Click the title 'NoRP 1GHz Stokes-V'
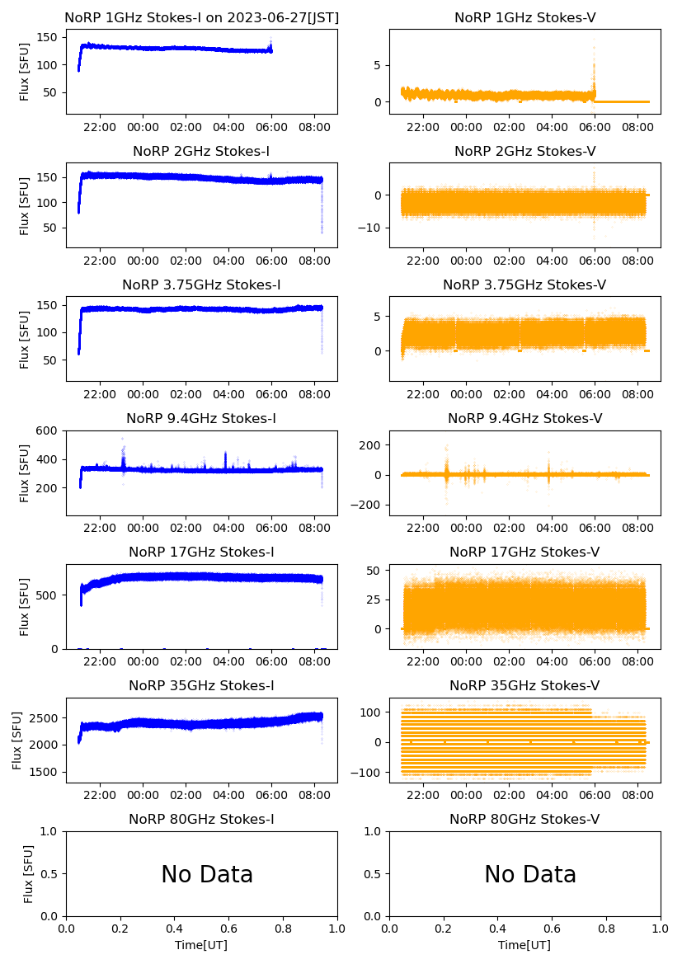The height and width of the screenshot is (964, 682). (524, 18)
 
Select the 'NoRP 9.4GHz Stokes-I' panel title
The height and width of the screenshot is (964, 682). (201, 419)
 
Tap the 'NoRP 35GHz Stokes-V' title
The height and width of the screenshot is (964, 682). (524, 686)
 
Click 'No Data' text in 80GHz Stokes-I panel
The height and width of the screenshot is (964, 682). (207, 874)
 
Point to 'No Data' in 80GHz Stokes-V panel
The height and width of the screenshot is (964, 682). (530, 874)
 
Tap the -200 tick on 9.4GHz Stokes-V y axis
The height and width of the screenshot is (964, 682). (368, 505)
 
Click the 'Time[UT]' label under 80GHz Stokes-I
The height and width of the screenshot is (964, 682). (201, 945)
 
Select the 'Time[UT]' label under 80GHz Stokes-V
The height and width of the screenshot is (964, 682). (524, 945)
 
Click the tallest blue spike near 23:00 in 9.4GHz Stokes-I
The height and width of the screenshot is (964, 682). (123, 440)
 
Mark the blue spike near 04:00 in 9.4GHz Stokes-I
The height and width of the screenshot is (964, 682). (225, 454)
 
